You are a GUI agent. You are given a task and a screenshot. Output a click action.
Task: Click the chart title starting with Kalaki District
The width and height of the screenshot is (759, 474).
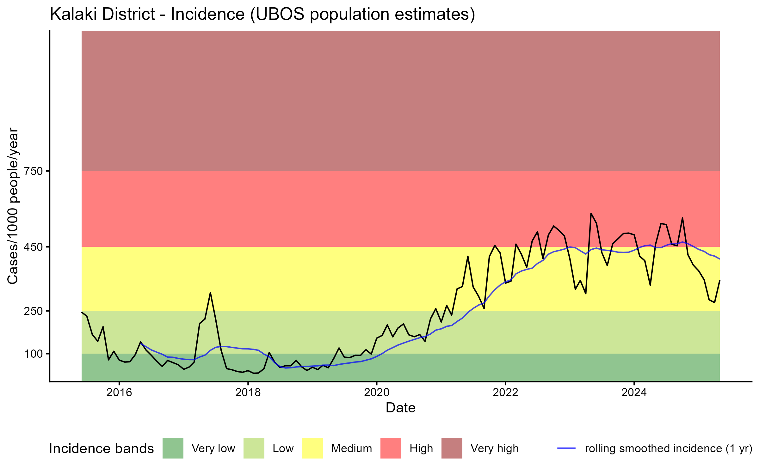[262, 14]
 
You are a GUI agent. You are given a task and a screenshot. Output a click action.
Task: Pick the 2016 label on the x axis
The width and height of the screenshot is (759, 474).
[119, 392]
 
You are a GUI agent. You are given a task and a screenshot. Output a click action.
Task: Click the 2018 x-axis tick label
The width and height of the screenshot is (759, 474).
[248, 392]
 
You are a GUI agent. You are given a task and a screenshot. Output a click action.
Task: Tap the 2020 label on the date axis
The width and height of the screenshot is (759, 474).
[377, 392]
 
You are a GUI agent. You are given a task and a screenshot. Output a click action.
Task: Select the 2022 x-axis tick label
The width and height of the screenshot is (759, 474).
[505, 392]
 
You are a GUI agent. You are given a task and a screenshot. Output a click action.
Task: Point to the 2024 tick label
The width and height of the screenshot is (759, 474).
[634, 392]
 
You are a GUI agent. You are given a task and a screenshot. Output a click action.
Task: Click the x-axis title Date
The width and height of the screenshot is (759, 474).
[400, 408]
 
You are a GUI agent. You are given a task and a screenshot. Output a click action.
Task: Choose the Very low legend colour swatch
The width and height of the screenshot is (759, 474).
[173, 448]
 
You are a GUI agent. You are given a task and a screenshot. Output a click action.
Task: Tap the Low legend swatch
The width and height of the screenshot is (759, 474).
[254, 448]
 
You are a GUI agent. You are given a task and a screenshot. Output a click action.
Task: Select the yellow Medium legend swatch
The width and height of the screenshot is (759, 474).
[312, 448]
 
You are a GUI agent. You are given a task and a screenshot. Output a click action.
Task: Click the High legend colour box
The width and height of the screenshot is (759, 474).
[391, 448]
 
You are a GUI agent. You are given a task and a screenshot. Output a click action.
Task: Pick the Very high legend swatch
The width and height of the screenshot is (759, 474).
[452, 448]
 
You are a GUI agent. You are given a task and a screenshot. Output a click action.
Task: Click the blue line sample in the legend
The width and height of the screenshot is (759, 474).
[566, 448]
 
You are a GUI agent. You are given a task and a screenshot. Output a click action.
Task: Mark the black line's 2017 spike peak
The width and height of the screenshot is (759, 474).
[210, 293]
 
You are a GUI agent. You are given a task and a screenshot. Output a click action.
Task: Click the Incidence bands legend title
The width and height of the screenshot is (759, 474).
[102, 449]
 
